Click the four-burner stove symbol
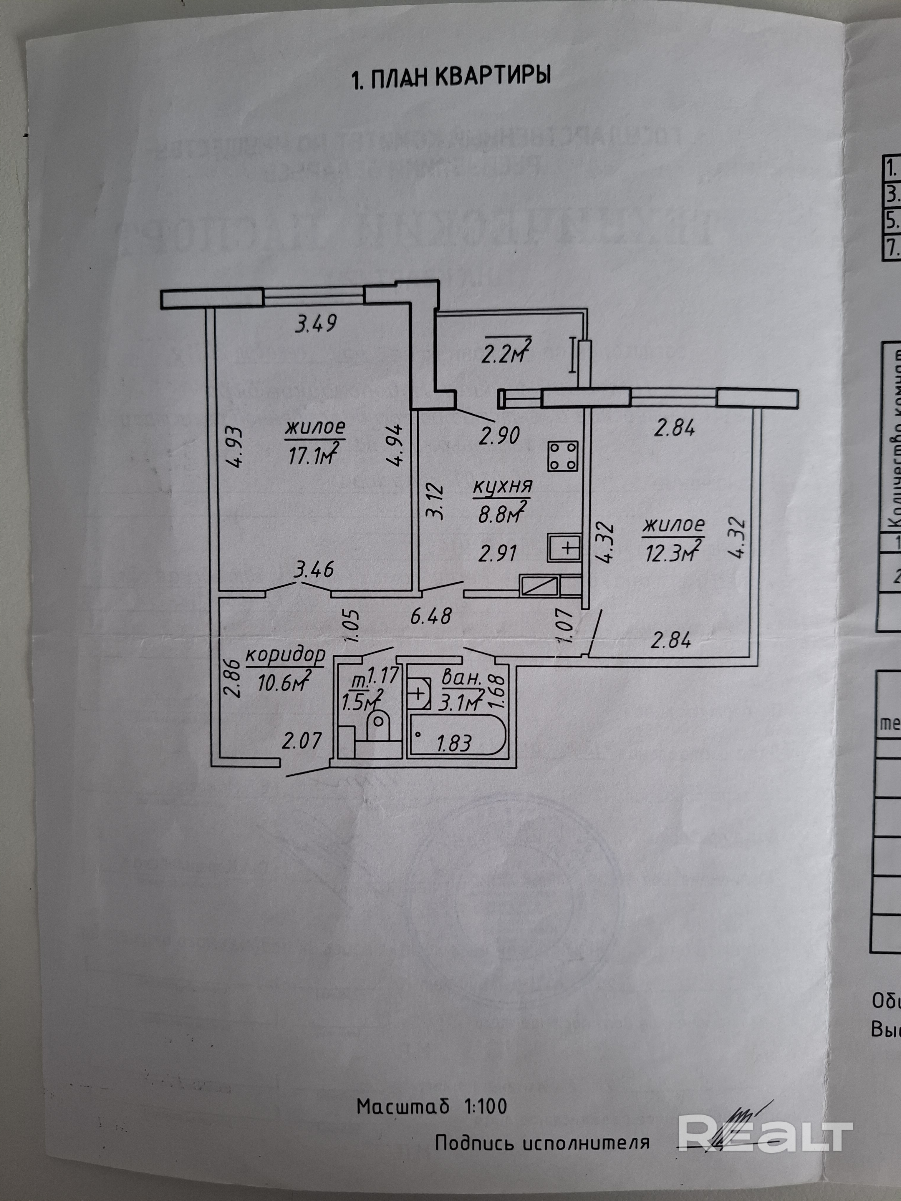(562, 456)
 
